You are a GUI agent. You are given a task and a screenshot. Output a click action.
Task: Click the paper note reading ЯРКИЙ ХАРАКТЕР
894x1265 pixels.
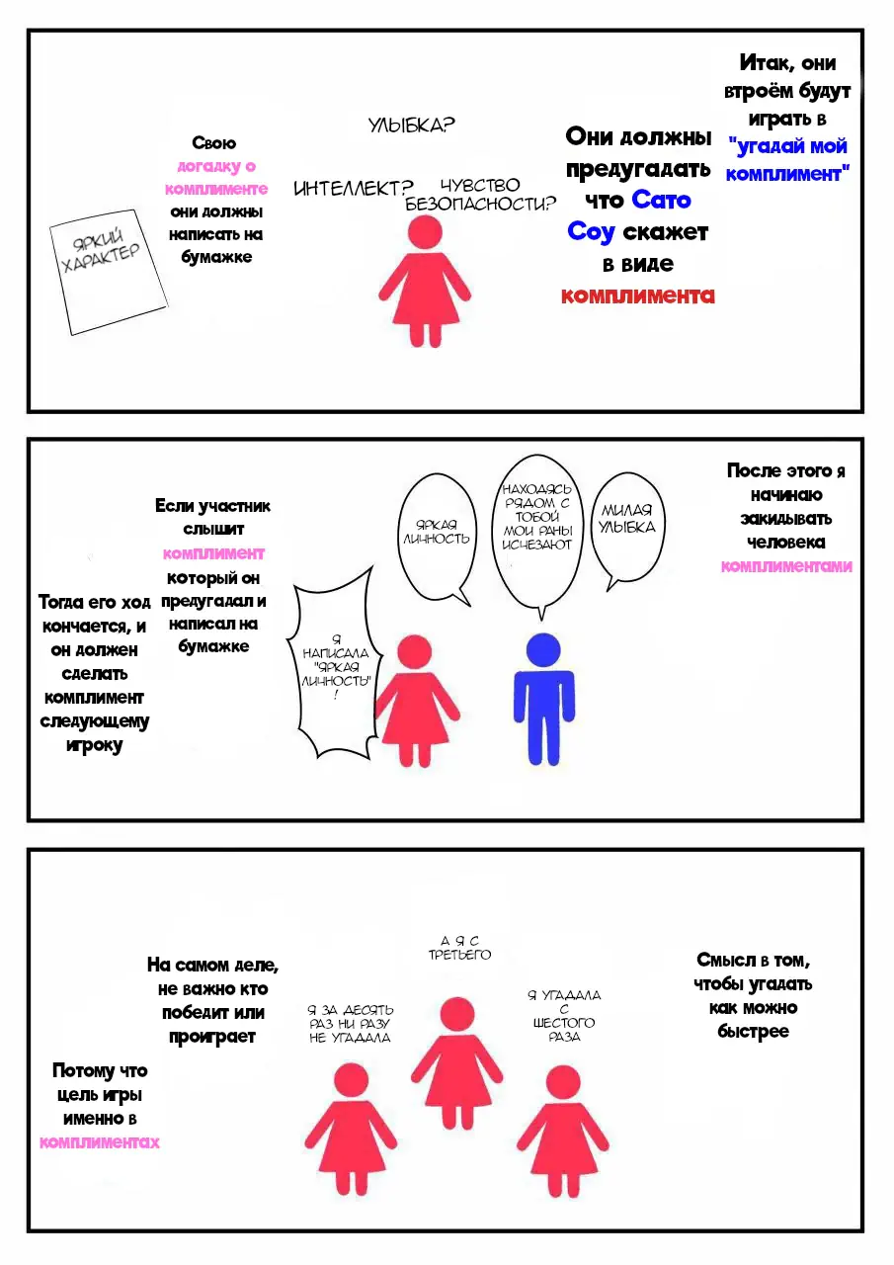click(x=109, y=272)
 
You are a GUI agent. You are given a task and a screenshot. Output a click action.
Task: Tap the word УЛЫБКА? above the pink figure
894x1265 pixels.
click(x=411, y=125)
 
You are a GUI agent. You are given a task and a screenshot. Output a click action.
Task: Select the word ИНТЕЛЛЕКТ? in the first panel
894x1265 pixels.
click(x=354, y=189)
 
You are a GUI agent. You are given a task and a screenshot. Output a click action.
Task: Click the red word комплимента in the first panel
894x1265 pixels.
click(x=638, y=295)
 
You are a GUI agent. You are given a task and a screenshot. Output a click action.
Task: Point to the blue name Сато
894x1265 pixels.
click(x=661, y=200)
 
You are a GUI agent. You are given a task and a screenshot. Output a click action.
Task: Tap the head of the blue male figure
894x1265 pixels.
click(x=543, y=649)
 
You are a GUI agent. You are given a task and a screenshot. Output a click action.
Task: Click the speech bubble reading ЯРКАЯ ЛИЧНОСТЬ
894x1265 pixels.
click(x=437, y=539)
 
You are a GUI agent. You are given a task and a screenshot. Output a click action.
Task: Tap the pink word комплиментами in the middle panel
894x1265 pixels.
click(x=786, y=566)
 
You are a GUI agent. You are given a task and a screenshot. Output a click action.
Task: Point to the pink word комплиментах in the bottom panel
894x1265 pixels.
click(x=100, y=1141)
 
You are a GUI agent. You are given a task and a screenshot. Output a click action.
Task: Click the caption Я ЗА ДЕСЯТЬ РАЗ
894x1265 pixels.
click(x=350, y=1023)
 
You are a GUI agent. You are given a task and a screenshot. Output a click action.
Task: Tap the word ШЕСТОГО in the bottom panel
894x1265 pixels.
click(x=564, y=1022)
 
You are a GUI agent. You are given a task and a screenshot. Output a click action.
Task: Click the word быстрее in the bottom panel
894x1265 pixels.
click(x=753, y=1031)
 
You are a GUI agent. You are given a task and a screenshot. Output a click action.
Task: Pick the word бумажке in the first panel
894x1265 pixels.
click(x=216, y=257)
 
